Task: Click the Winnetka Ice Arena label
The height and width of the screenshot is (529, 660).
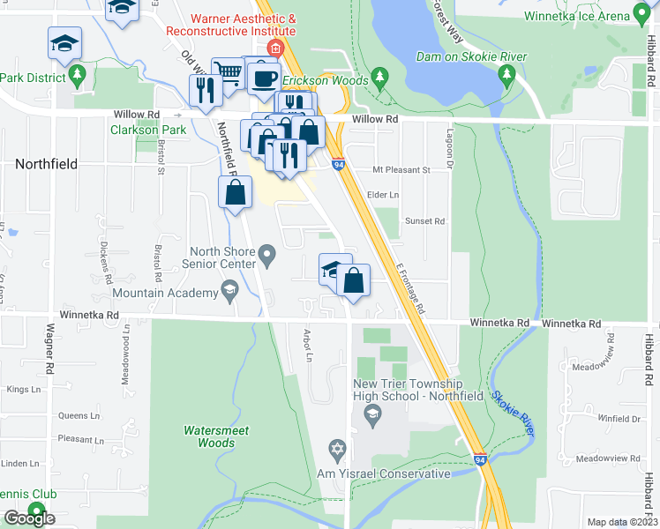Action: [575, 16]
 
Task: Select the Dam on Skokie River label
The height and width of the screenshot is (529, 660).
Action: [477, 57]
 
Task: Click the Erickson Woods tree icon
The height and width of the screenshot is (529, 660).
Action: [380, 77]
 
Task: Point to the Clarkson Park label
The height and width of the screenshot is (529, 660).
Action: [148, 130]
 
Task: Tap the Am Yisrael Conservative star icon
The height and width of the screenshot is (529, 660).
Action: [335, 451]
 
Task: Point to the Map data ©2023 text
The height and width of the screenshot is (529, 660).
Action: [623, 522]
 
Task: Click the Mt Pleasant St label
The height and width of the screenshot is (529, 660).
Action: [401, 169]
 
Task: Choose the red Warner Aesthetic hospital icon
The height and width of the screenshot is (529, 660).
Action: [276, 47]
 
